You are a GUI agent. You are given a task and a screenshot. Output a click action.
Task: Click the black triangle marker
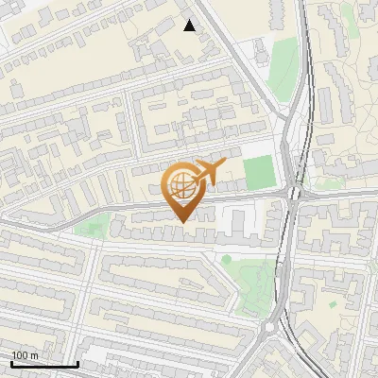[x=190, y=26]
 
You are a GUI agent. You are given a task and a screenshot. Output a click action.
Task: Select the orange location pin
[x=181, y=189]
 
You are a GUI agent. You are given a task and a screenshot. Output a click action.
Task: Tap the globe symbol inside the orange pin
[x=181, y=183]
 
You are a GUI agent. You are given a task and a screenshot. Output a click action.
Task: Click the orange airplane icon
[x=209, y=171]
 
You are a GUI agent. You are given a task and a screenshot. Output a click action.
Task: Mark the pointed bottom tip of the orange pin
[x=181, y=221]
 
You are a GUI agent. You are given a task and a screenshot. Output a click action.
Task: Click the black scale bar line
[x=44, y=364]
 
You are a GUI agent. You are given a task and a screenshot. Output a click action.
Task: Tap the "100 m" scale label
[x=25, y=355]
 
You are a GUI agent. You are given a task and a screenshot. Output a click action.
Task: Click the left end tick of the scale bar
[x=11, y=362]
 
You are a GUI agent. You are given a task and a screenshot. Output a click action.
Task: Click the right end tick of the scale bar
[x=77, y=362]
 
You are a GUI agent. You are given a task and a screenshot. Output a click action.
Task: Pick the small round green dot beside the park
[x=227, y=258]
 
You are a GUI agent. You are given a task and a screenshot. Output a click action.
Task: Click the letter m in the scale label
[x=34, y=355]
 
